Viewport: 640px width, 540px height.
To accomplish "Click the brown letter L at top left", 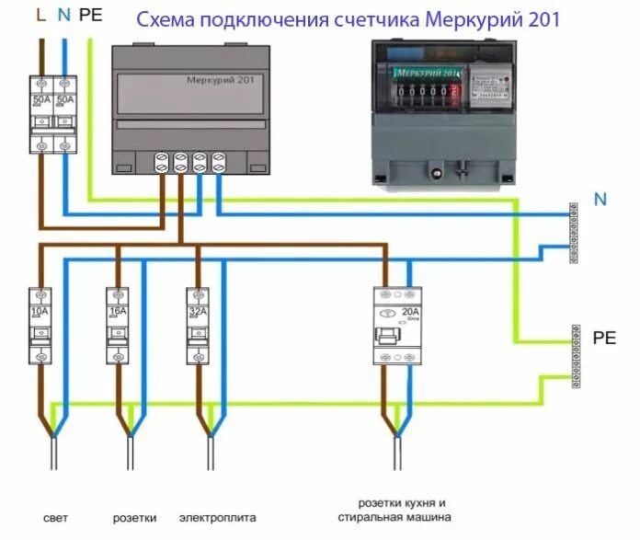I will point(39,16).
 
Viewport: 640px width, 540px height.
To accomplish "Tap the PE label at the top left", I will point(91,16).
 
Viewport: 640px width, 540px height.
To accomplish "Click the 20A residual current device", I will point(396,327).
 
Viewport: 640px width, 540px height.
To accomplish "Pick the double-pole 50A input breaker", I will point(51,114).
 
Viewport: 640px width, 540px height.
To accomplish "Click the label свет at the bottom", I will point(55,518).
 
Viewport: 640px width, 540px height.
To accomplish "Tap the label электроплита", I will point(211,518).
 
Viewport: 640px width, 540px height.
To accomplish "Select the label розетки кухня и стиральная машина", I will point(401,511).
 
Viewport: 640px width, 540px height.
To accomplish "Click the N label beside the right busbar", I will point(600,200).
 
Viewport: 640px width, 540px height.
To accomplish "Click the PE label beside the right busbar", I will point(603,338).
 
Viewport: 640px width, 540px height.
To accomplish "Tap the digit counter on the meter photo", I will point(423,93).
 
